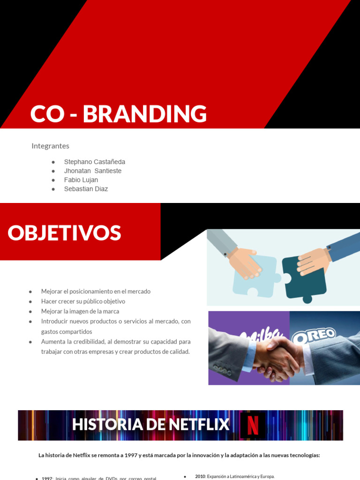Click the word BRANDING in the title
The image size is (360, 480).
click(x=145, y=114)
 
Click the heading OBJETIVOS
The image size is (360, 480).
click(x=64, y=233)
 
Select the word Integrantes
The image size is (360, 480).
click(x=50, y=146)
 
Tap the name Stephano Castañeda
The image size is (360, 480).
click(x=94, y=162)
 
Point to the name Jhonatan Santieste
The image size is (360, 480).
click(x=92, y=171)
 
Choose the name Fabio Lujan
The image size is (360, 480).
click(x=81, y=180)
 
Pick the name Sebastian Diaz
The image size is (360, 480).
click(x=86, y=189)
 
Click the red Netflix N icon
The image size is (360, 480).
click(x=253, y=425)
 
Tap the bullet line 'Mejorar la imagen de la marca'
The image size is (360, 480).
click(x=80, y=311)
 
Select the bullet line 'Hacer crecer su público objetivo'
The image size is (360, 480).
click(x=83, y=301)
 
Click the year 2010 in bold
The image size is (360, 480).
click(x=200, y=476)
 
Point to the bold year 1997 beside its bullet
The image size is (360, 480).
click(x=47, y=478)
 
